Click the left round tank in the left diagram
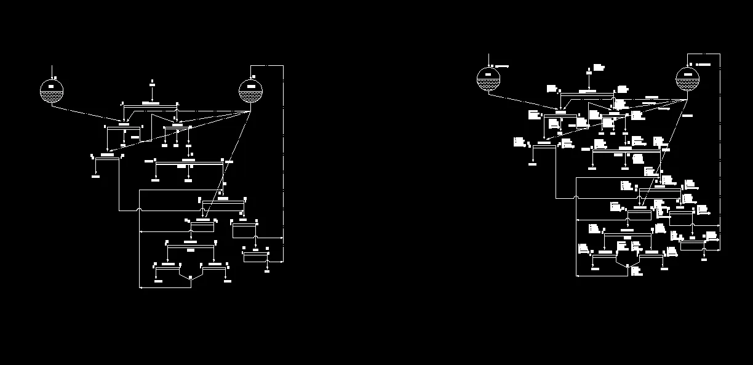click(52, 92)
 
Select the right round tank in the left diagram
click(250, 92)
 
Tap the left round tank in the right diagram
click(488, 79)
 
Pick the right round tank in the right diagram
click(687, 79)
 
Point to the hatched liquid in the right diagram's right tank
click(687, 85)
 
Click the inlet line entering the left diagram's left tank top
click(52, 71)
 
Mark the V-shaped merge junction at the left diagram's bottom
click(190, 278)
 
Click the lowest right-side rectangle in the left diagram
click(255, 257)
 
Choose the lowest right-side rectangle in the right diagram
click(692, 246)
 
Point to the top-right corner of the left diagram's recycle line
click(282, 65)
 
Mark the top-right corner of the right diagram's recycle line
click(720, 54)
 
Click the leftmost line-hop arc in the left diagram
click(140, 211)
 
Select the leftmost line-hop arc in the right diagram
click(576, 198)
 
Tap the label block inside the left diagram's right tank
click(250, 86)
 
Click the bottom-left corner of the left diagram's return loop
click(140, 287)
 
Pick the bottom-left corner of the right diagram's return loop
click(576, 276)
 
